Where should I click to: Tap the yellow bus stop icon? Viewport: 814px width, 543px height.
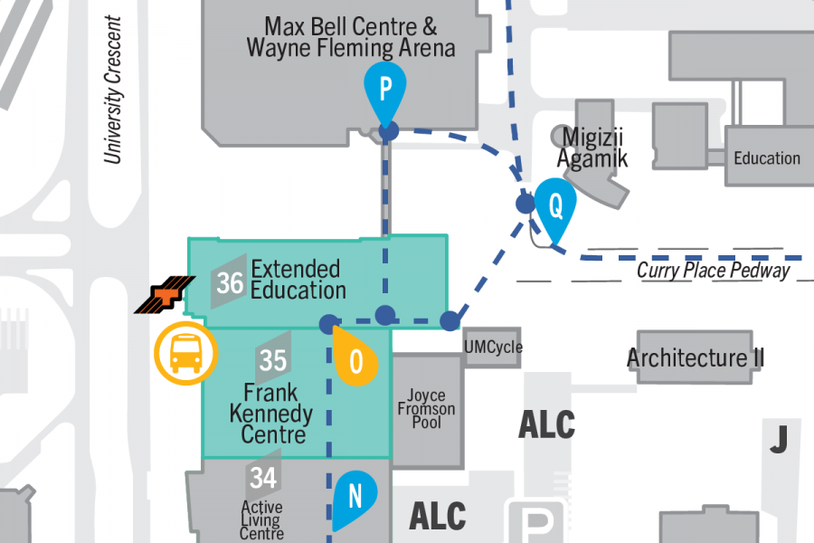coord(186,352)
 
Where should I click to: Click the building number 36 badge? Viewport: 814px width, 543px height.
coord(230,282)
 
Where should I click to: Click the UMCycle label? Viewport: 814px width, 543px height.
coord(493,348)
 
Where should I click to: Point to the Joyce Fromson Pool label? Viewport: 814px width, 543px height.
coord(426,408)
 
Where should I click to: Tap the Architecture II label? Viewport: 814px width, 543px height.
coord(696,358)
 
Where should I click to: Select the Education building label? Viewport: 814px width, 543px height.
coord(767,158)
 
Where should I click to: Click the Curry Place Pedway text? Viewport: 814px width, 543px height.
coord(714,270)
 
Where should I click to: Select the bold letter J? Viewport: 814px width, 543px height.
coord(778,439)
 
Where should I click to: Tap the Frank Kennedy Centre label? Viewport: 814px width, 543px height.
coord(271,414)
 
